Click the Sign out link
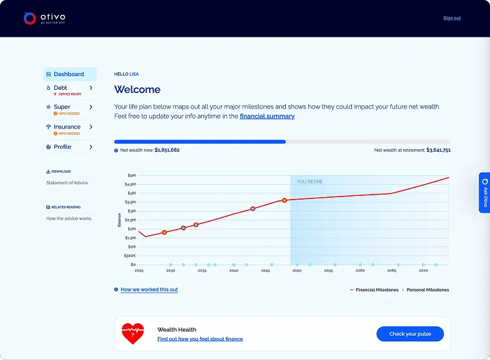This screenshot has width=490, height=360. pos(452,18)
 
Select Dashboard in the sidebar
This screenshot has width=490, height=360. pos(69,74)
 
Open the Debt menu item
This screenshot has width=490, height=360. pos(61,88)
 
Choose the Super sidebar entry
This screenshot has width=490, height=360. pos(62,107)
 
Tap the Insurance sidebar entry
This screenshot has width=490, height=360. pos(67,127)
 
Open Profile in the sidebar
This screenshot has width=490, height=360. pos(62,147)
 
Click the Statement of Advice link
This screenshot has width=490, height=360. pos(67,183)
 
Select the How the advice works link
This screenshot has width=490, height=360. pos(69,218)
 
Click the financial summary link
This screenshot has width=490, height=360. pos(267,116)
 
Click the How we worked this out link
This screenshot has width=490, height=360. pos(149,289)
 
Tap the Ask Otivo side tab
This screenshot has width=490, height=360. pos(484,193)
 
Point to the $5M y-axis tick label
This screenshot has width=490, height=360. pos(131,175)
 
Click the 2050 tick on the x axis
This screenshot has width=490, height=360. pos(297,271)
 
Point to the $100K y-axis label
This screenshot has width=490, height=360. pos(129,256)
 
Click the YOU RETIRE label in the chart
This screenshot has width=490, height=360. pos(310,182)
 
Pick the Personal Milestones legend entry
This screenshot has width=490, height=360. pos(428,289)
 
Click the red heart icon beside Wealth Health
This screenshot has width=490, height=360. pos(132,334)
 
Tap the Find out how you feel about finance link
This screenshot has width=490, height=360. pos(200,339)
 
